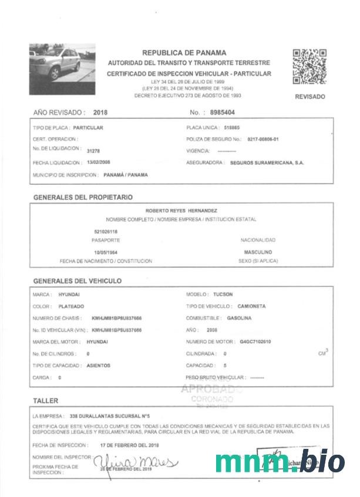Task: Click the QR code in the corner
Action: click(x=309, y=66)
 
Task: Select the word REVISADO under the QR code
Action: click(x=309, y=97)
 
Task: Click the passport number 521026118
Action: click(x=106, y=232)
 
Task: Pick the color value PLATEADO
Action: click(x=72, y=306)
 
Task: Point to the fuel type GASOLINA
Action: click(x=239, y=318)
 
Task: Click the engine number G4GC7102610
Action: click(x=255, y=341)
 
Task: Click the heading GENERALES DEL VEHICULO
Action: click(x=78, y=281)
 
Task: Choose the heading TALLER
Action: click(x=46, y=401)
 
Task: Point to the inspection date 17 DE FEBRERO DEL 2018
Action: click(x=130, y=445)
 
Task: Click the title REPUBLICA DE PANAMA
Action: click(x=184, y=53)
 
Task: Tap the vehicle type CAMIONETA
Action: click(x=252, y=306)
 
